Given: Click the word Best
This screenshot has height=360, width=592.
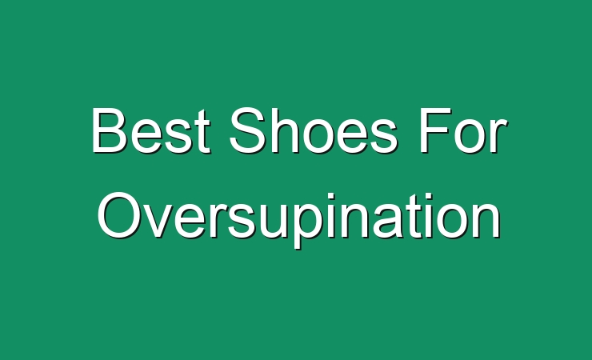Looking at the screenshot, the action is tap(150, 130).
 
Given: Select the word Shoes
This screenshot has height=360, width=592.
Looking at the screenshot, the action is tap(314, 130).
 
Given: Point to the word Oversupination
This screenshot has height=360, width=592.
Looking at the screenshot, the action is tap(299, 219).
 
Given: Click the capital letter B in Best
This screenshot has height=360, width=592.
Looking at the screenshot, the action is tap(109, 130).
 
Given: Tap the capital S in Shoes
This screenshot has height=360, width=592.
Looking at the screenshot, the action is tap(246, 130).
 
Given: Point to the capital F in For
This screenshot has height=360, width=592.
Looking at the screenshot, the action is tap(435, 130).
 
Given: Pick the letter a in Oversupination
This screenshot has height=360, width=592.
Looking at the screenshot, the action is tap(393, 221).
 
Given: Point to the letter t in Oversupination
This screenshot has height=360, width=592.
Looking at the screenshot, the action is tap(418, 216).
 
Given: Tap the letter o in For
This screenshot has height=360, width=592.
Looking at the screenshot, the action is tap(470, 136).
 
